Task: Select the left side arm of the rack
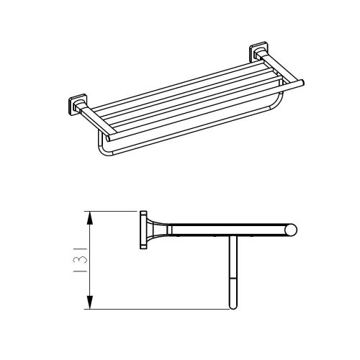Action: click(97, 120)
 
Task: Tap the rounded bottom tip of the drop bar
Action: click(232, 307)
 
